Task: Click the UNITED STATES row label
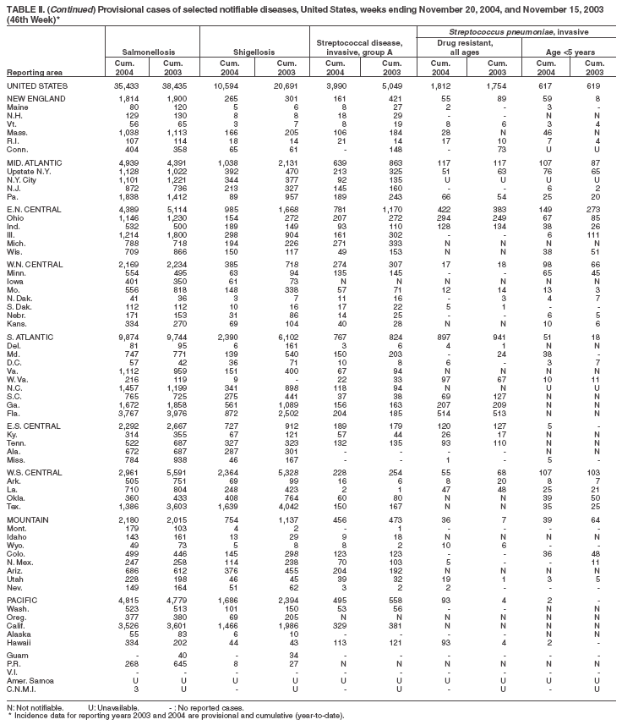coord(33,86)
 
